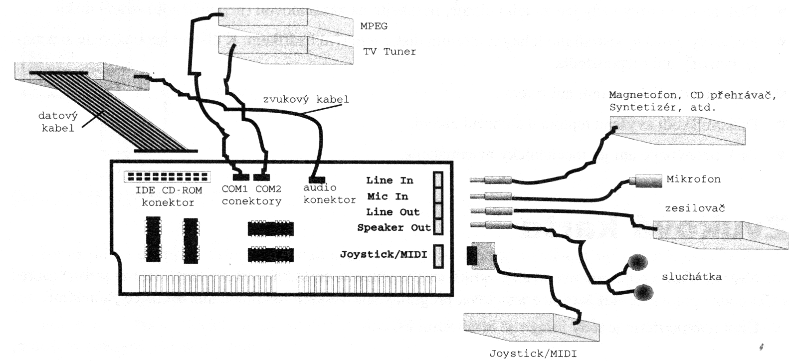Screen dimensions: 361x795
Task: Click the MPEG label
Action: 373,26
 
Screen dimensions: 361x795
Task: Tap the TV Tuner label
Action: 390,51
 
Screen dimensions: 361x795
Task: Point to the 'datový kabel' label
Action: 58,122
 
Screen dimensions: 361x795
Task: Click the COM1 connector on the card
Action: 241,177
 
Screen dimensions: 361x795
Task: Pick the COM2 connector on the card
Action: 261,177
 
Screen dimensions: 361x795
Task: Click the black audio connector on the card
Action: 316,179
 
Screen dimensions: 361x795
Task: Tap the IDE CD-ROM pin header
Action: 166,177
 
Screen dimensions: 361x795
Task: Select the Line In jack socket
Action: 437,180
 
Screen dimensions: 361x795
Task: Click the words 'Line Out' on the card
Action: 393,212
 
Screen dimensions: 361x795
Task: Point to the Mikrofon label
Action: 693,179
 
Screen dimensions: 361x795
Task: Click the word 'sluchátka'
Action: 692,277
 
